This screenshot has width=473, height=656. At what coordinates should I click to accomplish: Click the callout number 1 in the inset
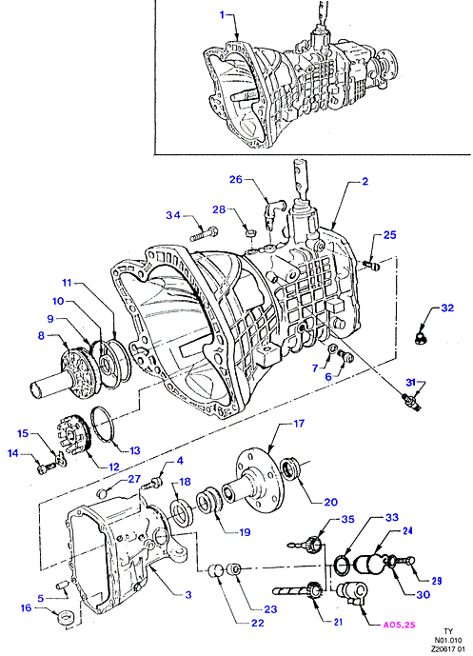pyautogui.click(x=223, y=15)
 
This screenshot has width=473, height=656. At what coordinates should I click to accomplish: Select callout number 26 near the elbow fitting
pyautogui.click(x=236, y=179)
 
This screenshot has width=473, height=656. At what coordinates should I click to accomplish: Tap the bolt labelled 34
pyautogui.click(x=204, y=233)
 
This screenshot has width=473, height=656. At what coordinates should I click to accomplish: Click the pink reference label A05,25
pyautogui.click(x=399, y=625)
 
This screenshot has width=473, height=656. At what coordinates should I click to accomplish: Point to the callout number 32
pyautogui.click(x=447, y=308)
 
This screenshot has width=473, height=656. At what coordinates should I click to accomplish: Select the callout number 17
pyautogui.click(x=299, y=424)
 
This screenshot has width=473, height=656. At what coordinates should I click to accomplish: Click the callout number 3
pyautogui.click(x=188, y=594)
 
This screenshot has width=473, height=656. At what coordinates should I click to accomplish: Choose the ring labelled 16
pyautogui.click(x=65, y=617)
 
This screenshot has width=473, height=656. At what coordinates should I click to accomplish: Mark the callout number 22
pyautogui.click(x=258, y=623)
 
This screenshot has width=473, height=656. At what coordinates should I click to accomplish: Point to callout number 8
pyautogui.click(x=41, y=335)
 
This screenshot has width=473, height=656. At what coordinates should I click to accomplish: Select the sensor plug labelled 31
pyautogui.click(x=411, y=400)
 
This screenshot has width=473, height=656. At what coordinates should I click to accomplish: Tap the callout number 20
pyautogui.click(x=330, y=502)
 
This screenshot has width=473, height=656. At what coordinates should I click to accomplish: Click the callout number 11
pyautogui.click(x=67, y=283)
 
